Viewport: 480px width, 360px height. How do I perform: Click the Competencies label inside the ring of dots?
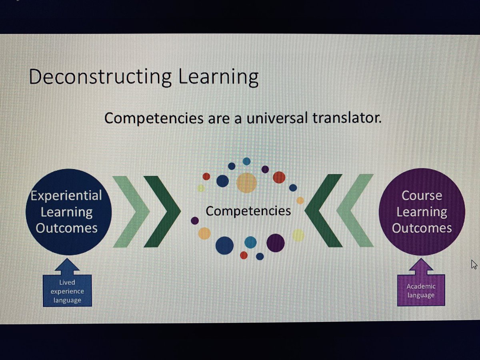coord(248,210)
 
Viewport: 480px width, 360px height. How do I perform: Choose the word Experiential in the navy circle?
coord(66,196)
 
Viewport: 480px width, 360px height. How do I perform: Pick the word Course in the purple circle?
coord(422,196)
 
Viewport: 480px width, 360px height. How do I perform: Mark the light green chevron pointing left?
coord(354,210)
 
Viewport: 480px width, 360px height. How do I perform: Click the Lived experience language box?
coord(67,291)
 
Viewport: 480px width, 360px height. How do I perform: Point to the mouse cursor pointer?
coord(474,264)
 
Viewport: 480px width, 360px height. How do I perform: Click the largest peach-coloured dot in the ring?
coord(246,183)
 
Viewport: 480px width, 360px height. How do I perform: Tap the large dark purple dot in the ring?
coord(275,243)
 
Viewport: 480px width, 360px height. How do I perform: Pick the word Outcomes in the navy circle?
coord(66,228)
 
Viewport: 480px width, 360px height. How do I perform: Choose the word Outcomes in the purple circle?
coord(422,228)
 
